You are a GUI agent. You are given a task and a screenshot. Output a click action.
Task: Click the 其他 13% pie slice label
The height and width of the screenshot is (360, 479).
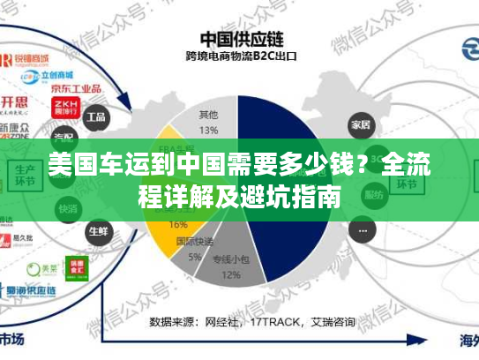click(x=208, y=123)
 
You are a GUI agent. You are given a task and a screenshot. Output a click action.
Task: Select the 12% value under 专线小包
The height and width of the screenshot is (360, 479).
click(x=231, y=274)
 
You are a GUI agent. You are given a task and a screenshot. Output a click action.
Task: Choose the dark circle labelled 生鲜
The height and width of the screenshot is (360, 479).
click(x=98, y=230)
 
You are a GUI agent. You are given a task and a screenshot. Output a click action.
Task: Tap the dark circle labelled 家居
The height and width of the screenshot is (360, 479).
click(x=359, y=123)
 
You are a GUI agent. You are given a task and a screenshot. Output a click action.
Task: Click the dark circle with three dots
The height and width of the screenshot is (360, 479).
click(x=361, y=230)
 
